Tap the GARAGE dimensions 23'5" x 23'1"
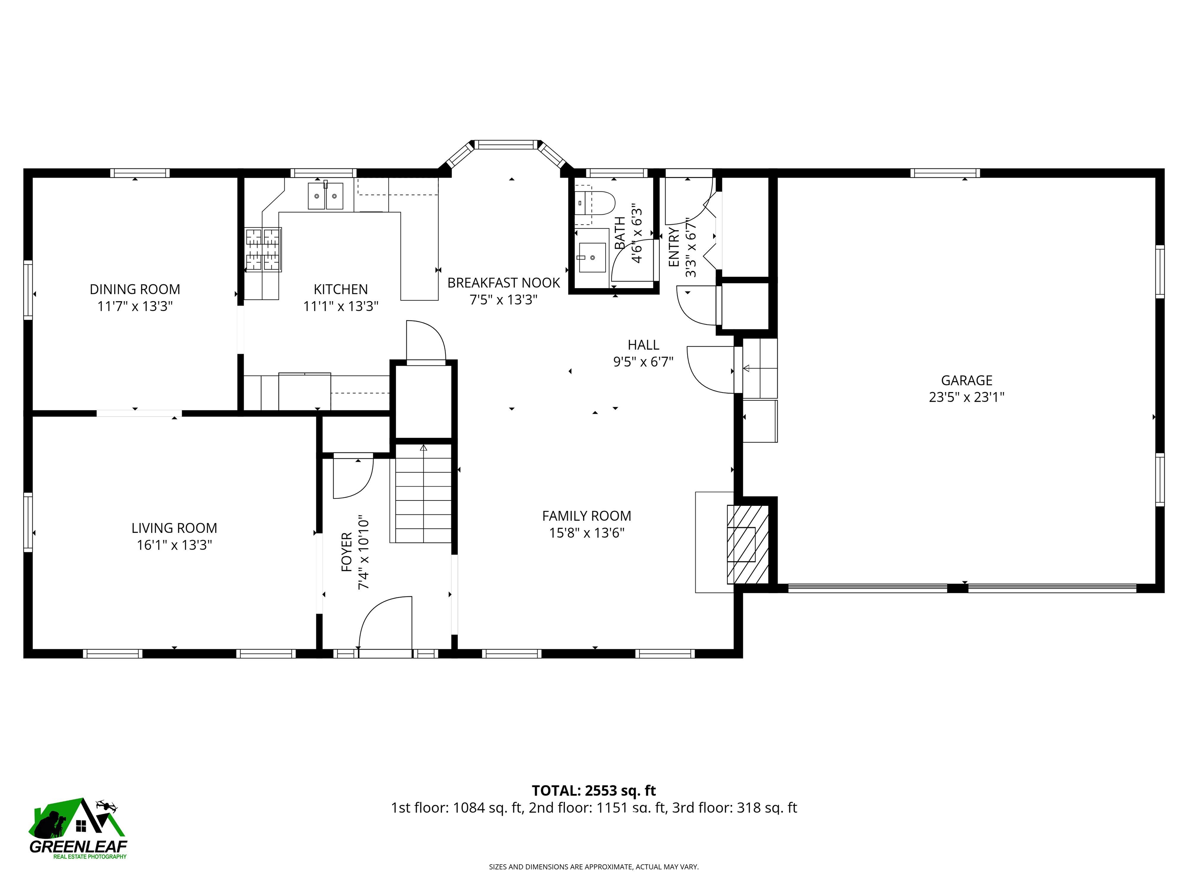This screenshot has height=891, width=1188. point(966,397)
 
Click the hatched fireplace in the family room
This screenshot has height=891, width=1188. point(748,544)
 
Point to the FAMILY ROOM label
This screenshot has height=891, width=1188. point(587,515)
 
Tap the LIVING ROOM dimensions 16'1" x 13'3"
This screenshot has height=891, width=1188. point(174,544)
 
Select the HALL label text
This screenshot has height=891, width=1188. point(643,345)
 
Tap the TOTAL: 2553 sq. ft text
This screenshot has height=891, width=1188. point(594,790)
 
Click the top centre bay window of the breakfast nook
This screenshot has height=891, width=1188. point(505,145)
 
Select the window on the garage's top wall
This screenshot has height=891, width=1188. point(945,173)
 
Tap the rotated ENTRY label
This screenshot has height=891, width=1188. point(674,247)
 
